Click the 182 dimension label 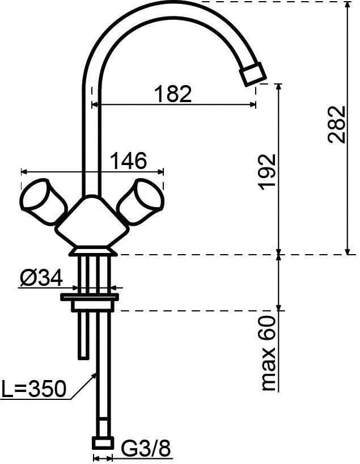[173, 93]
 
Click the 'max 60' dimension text [269, 353]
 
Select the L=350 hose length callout [33, 389]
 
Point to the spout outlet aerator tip [252, 74]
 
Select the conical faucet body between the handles [91, 224]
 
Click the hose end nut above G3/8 [103, 443]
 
